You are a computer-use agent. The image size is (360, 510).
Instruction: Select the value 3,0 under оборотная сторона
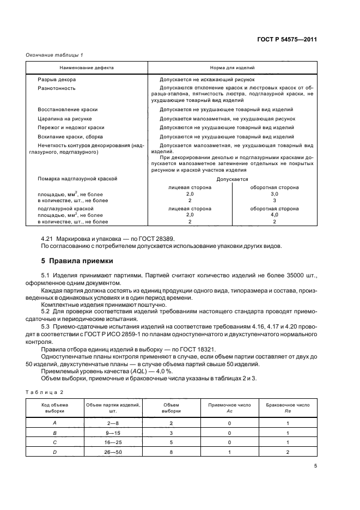tap(274, 194)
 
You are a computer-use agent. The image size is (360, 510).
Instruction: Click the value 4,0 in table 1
tap(274, 215)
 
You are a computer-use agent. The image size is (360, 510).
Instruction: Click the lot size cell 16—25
tap(113, 442)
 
